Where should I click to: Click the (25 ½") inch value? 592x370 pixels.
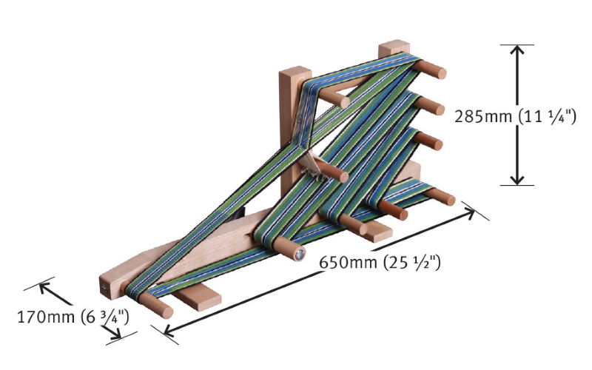[x=412, y=263]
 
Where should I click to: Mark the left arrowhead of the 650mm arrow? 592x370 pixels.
[x=170, y=330]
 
